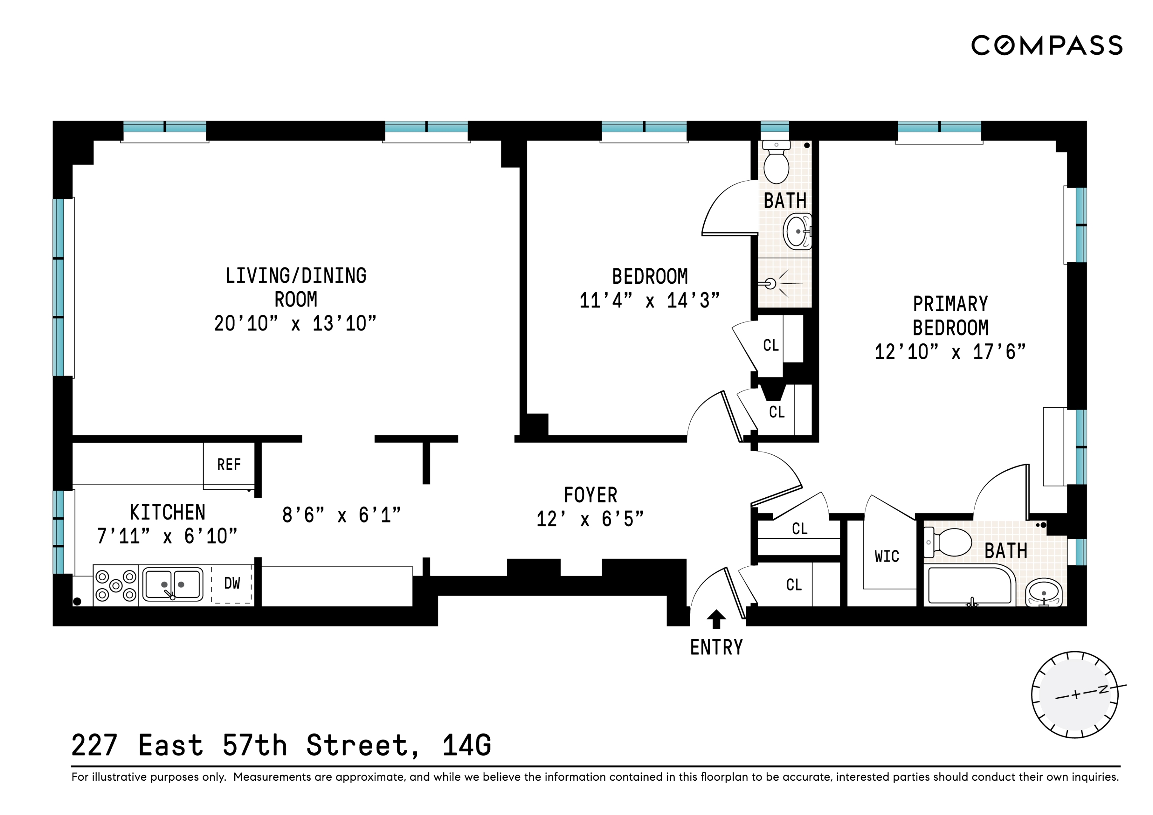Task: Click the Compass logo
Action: [1047, 45]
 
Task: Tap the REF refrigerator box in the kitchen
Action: [229, 464]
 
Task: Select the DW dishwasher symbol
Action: [232, 583]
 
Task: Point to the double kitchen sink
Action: [173, 584]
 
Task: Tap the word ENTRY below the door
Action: [716, 648]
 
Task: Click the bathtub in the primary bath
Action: [969, 586]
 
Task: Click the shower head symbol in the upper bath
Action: [771, 284]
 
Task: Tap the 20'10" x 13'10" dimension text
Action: [295, 324]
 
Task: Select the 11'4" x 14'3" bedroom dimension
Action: [650, 301]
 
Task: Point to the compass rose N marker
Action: [1103, 689]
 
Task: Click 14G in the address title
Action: [467, 746]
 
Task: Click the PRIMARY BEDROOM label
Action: [950, 316]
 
